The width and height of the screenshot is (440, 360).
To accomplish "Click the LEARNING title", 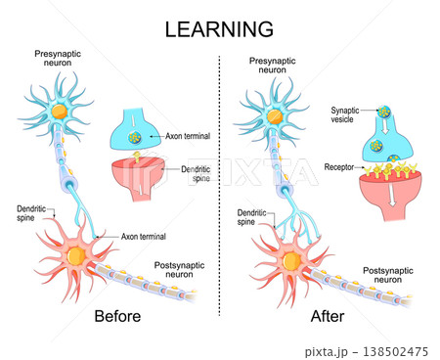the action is (219, 29).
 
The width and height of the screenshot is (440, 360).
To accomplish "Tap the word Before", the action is (117, 316).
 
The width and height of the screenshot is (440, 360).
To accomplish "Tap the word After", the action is (328, 316).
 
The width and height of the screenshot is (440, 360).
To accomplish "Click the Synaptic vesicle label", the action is (344, 114).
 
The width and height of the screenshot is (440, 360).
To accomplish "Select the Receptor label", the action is (339, 167).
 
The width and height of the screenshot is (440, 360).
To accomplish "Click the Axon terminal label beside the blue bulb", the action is (188, 136).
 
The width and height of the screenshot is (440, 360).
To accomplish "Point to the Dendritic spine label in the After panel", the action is (251, 217).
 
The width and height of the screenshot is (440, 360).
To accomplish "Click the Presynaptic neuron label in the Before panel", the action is (58, 58).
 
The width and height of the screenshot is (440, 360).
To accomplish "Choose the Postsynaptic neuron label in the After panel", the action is (388, 275).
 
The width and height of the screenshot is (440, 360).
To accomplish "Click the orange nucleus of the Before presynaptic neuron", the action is (60, 112).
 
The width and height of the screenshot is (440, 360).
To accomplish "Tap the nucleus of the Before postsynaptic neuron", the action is (76, 255).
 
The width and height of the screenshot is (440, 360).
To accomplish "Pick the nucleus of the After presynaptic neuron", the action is (275, 116).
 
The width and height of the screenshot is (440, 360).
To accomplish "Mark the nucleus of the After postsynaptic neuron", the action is (291, 261).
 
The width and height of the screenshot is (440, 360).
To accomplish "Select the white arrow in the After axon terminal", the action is (385, 125).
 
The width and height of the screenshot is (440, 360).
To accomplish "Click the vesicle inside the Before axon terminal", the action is (134, 137).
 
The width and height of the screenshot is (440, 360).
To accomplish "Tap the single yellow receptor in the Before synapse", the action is (137, 157).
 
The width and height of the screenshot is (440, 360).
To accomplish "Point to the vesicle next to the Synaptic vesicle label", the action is (384, 112).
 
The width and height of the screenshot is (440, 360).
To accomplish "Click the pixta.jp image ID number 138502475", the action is (395, 352).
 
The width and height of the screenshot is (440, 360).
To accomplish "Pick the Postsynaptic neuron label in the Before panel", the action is (179, 270).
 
